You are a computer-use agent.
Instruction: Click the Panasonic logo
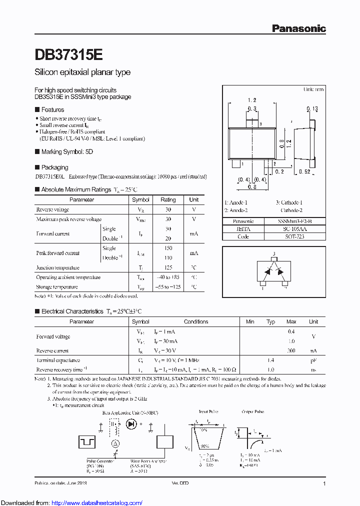pos(298,28)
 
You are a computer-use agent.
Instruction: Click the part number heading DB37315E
pos(69,54)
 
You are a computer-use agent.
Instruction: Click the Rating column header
pos(168,199)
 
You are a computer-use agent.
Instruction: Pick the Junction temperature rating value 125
pos(168,267)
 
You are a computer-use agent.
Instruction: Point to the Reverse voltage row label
pos(52,209)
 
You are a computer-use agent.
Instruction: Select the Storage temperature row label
pos(57,287)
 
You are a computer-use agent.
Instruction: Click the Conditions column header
pos(196,321)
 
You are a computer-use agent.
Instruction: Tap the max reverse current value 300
pos(291,350)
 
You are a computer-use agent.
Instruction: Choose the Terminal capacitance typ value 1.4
pos(270,360)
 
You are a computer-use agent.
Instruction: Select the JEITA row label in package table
pos(243,228)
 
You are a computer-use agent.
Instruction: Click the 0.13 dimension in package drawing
pos(312,108)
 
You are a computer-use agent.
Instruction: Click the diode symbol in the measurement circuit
pos(132,424)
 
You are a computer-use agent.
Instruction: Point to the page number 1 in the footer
pos(324,484)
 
